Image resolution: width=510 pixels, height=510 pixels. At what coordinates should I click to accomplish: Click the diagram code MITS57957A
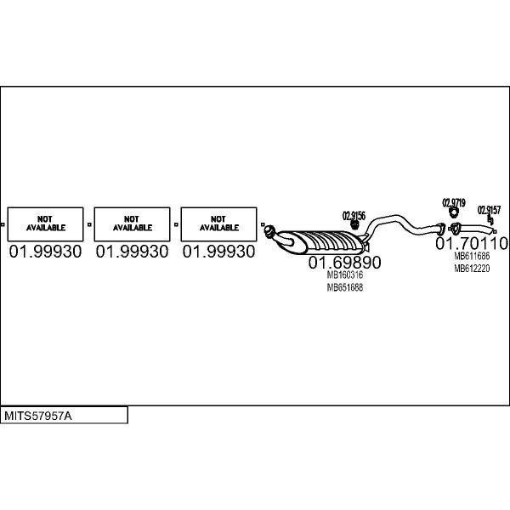38,416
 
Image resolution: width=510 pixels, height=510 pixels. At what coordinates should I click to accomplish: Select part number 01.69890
344,262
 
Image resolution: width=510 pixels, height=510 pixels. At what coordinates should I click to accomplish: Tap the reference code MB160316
345,275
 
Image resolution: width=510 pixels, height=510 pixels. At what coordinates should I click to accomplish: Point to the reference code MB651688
345,287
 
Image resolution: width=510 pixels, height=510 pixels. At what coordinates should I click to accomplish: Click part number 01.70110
472,243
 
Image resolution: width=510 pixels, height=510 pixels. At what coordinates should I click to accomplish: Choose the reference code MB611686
472,256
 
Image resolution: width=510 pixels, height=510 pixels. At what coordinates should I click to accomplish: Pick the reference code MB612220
472,269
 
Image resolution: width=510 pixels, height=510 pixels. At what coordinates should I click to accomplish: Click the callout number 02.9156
354,216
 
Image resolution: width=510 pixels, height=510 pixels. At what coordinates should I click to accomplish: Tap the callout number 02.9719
454,203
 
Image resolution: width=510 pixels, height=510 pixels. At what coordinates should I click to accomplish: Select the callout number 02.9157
489,210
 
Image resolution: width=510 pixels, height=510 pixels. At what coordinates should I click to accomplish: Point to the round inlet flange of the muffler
269,230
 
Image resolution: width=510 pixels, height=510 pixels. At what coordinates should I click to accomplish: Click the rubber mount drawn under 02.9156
354,225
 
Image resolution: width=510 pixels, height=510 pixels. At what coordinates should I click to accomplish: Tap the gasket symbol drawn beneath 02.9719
453,212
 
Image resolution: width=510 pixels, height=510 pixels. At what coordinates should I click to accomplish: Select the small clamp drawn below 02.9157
491,220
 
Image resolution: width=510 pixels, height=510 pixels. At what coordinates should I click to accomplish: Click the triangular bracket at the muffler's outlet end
365,246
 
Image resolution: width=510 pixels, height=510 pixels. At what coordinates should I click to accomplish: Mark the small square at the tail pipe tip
495,232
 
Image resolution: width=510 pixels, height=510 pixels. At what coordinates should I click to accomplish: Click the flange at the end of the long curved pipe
440,229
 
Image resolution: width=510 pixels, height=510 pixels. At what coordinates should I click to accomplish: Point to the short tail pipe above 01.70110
473,229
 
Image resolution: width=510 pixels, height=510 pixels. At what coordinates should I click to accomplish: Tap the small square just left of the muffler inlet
263,224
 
